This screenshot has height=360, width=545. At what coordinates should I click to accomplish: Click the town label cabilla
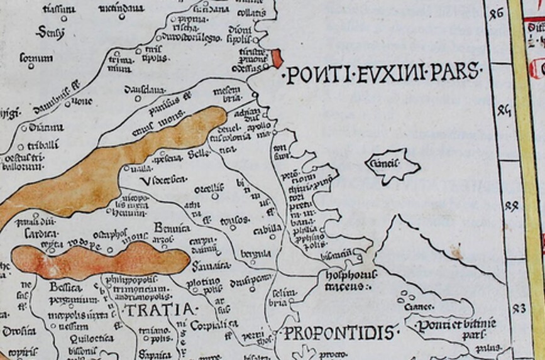(x=266, y=230)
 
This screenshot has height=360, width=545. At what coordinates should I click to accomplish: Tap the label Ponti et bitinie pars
(x=451, y=329)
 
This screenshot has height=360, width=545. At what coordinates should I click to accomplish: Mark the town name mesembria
(x=226, y=95)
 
